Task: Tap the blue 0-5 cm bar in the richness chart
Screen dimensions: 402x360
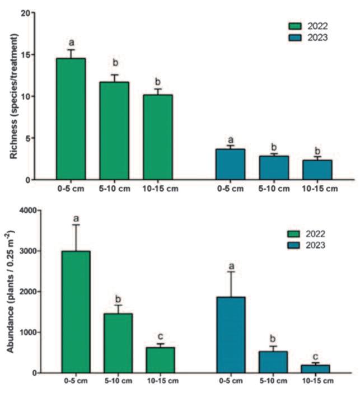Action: tap(230, 164)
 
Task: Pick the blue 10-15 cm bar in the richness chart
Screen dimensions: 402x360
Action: tap(317, 170)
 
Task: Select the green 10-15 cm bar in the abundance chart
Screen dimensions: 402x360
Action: tap(160, 359)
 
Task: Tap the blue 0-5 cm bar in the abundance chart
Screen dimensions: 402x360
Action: tap(230, 334)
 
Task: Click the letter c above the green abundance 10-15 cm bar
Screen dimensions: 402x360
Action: tap(161, 336)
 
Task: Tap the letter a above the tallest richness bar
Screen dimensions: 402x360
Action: tap(71, 42)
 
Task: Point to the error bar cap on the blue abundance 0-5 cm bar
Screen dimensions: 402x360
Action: tap(230, 272)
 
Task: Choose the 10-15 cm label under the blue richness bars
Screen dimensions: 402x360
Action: tap(319, 189)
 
